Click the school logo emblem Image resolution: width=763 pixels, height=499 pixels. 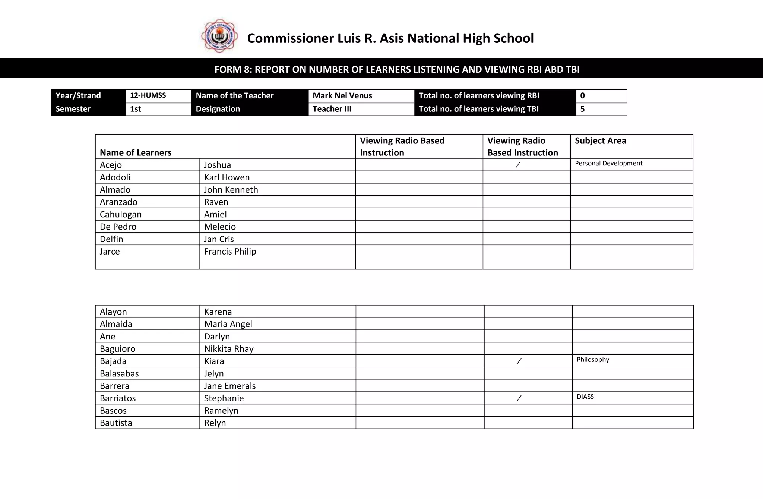coord(219,36)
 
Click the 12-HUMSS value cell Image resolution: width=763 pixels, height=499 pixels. coord(148,95)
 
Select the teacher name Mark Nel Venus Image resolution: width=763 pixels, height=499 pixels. coord(342,96)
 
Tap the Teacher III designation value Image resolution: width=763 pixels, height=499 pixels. coord(332,109)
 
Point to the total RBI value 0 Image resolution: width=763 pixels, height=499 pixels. coord(582,96)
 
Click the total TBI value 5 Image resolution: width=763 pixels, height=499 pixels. coord(582,109)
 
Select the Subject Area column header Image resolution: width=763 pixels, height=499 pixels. coord(600,141)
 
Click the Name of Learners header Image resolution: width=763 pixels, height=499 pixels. coord(136,152)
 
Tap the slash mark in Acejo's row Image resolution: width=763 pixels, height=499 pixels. coord(518,165)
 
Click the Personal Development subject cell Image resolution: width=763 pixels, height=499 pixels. coord(608,164)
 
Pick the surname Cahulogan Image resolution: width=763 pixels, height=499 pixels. coord(121,214)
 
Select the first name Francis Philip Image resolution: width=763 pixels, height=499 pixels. coord(230,252)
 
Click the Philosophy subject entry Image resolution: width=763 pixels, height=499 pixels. coord(593,360)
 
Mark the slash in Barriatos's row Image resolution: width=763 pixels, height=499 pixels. coord(519,398)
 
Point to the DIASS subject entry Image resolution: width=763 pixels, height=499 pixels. coord(585,397)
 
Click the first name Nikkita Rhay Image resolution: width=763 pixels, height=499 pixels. coord(229,349)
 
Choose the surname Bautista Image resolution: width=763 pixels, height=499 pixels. coord(116,423)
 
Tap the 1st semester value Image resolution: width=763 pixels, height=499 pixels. coord(136,109)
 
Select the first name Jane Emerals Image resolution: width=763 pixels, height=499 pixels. coord(230,386)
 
